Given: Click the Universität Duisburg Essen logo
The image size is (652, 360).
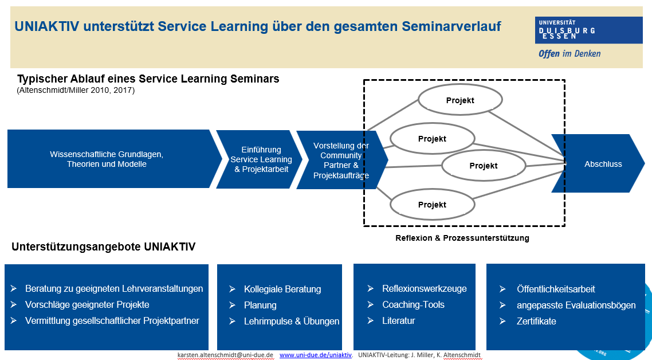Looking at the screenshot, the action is coord(588,30).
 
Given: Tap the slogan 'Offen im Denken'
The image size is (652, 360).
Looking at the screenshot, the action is coord(569,54).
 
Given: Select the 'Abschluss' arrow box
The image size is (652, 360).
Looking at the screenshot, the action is coord(598,163).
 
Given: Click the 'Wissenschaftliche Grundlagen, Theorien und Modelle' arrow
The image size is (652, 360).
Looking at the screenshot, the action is coord(112,159).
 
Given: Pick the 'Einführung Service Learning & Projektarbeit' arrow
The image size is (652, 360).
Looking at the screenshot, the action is coord(260,159).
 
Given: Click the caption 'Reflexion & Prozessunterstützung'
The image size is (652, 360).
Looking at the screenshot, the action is coord(462,238).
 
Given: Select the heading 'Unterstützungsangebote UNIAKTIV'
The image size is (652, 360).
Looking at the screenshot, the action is coord(104,247).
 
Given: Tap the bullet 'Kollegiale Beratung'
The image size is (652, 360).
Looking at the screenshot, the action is coord(282,289).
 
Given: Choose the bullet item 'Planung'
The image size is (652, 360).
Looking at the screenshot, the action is coord(260,305).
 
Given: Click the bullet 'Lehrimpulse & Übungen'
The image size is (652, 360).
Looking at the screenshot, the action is coord(292,321).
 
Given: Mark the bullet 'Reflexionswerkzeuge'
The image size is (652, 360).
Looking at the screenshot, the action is coord(424,289).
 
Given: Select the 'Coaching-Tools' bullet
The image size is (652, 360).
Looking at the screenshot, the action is coord(413,304).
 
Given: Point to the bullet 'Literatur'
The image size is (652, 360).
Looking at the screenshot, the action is coord(398,321).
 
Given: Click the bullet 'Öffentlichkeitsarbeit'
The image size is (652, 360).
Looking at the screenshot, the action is coord(556,289).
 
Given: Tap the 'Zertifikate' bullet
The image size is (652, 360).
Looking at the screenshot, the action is coord(536,321).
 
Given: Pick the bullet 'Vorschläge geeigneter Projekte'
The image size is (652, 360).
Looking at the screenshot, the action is coord(87,304).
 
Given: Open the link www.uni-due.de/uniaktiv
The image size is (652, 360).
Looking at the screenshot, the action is coord(316,355).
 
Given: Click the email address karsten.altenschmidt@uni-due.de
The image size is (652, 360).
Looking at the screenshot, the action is coord(225,355).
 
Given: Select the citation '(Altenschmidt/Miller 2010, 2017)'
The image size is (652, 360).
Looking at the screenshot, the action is coord(76,91).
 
